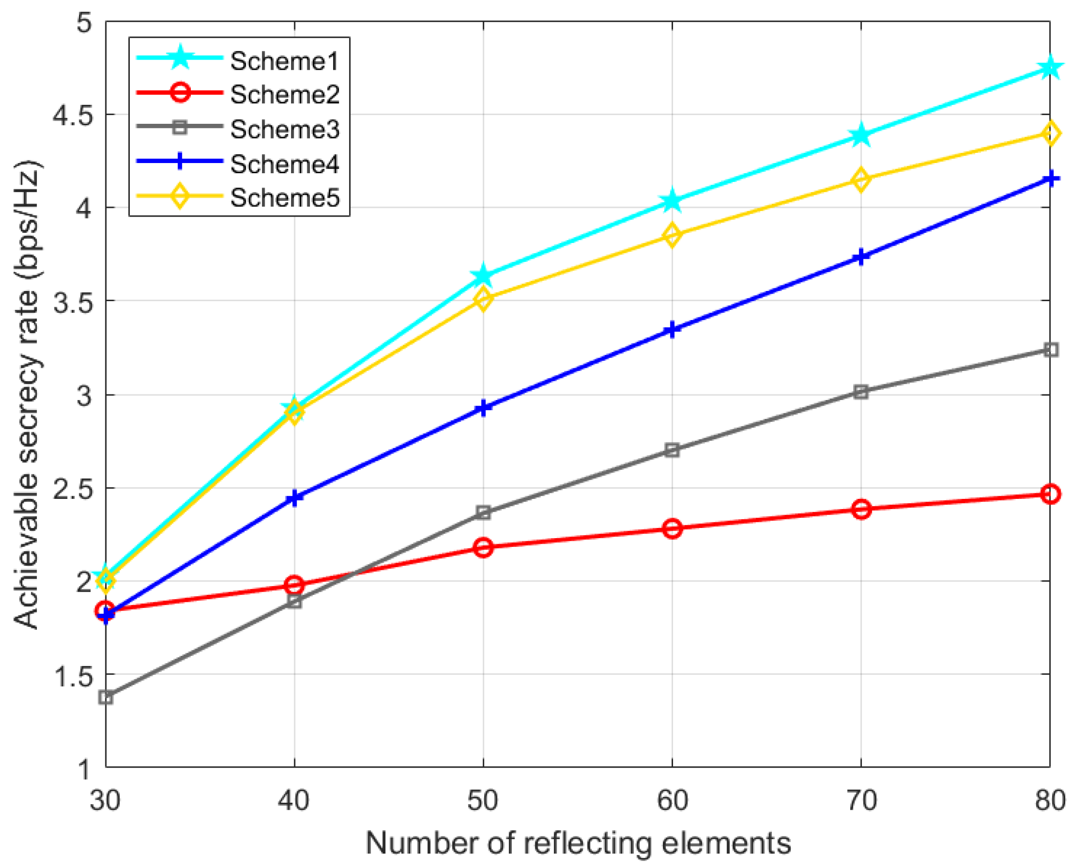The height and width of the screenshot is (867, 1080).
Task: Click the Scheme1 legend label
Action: (x=284, y=61)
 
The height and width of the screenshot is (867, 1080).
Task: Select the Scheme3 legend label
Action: (x=284, y=129)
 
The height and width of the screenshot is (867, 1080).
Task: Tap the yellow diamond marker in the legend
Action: (x=179, y=196)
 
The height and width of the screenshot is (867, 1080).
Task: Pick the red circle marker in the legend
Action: (x=179, y=93)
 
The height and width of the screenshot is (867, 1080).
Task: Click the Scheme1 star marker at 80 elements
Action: (x=1050, y=67)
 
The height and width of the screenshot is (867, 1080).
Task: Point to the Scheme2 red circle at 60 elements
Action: (x=672, y=528)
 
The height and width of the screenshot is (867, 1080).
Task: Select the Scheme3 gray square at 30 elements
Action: (x=106, y=697)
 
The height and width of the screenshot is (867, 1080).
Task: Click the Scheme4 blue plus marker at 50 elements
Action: (x=483, y=408)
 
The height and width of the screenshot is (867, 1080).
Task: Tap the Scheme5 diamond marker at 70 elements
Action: (x=861, y=179)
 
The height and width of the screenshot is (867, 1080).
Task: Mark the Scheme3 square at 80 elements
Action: (x=1050, y=350)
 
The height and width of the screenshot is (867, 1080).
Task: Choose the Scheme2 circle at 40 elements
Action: (x=295, y=585)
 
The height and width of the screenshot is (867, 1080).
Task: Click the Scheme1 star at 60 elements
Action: (x=672, y=201)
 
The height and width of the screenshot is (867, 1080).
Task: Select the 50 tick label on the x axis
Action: (x=483, y=800)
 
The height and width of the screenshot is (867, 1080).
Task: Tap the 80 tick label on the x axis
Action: (x=1050, y=800)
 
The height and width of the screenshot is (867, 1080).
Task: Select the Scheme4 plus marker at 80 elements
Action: (x=1050, y=179)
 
